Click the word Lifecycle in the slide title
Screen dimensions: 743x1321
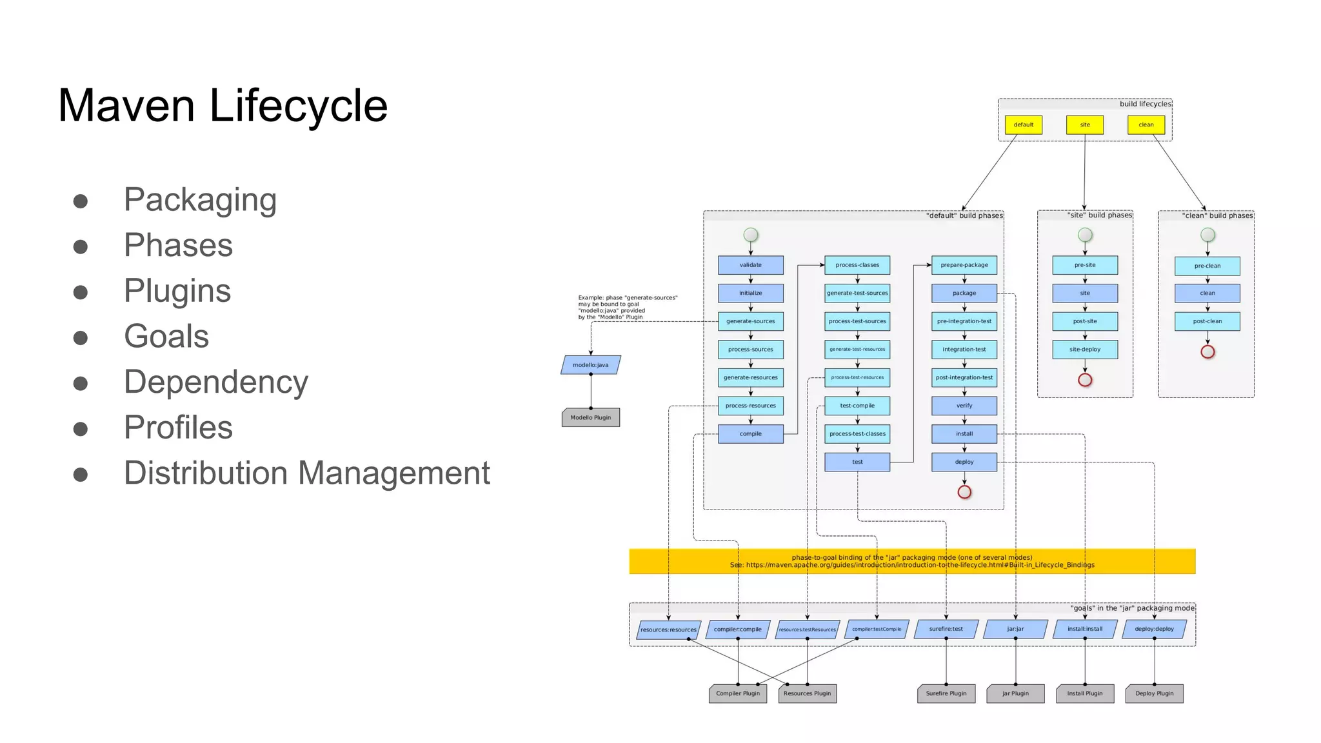(x=298, y=106)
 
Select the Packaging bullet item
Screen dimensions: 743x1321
(x=200, y=199)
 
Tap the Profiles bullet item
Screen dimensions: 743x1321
(x=178, y=427)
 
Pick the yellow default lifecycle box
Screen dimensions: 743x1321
(x=1023, y=124)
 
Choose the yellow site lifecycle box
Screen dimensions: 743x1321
(x=1085, y=124)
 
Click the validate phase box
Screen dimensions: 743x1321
(x=750, y=265)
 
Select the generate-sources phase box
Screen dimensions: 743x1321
(x=750, y=321)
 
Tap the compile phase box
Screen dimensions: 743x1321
(x=750, y=434)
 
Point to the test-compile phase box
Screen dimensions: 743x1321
(x=857, y=406)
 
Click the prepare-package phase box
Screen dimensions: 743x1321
(x=964, y=265)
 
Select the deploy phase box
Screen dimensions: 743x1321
(x=964, y=462)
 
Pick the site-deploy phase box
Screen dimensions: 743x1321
(x=1085, y=350)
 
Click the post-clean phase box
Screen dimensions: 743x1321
(x=1207, y=321)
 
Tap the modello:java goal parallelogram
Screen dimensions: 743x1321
(x=590, y=365)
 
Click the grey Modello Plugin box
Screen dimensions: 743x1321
(x=590, y=417)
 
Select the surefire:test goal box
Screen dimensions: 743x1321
(x=946, y=629)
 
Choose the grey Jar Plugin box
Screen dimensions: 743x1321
(x=1015, y=693)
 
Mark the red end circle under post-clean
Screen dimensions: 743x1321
(x=1207, y=352)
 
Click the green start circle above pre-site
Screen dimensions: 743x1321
(x=1085, y=235)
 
